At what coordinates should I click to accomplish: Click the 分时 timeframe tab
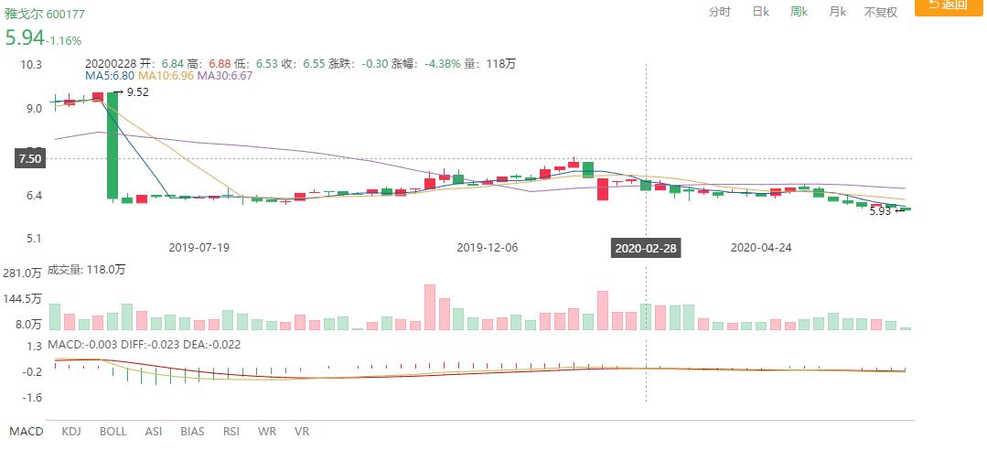pyautogui.click(x=720, y=12)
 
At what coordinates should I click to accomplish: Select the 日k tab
pyautogui.click(x=760, y=12)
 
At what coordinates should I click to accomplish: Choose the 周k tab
pyautogui.click(x=799, y=12)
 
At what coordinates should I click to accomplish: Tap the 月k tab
pyautogui.click(x=837, y=12)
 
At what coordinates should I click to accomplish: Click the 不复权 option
pyautogui.click(x=881, y=12)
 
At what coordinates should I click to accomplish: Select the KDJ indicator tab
pyautogui.click(x=72, y=431)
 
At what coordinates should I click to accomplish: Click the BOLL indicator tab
pyautogui.click(x=113, y=431)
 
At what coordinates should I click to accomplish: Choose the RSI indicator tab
pyautogui.click(x=231, y=431)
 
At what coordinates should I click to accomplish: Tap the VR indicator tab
pyautogui.click(x=302, y=431)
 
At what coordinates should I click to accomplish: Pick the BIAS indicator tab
pyautogui.click(x=192, y=431)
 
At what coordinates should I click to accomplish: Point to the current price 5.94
pyautogui.click(x=24, y=38)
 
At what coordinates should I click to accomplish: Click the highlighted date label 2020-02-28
pyautogui.click(x=646, y=247)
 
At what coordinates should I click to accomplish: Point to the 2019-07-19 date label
pyautogui.click(x=199, y=247)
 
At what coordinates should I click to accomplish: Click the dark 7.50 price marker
pyautogui.click(x=29, y=159)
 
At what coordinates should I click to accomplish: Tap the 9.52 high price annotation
pyautogui.click(x=136, y=92)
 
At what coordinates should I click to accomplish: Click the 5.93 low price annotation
pyautogui.click(x=881, y=211)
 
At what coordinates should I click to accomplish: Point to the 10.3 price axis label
pyautogui.click(x=33, y=64)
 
